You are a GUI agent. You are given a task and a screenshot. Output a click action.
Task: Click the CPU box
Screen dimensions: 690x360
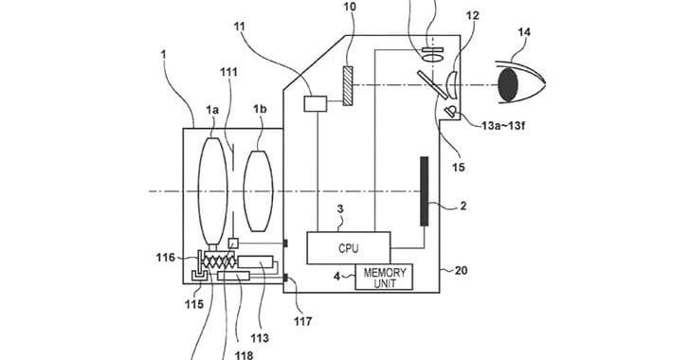pos(349,248)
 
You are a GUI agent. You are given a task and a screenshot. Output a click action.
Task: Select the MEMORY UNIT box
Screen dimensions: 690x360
pos(384,278)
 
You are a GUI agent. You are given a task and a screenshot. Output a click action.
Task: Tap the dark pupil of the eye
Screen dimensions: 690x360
pos(508,84)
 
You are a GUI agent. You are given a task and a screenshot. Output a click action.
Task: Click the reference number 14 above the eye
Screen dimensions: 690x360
pos(524,32)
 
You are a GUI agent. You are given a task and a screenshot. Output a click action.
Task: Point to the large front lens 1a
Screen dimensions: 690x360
pos(212,190)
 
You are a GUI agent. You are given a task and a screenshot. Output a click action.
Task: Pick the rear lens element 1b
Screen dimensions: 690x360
pos(259,191)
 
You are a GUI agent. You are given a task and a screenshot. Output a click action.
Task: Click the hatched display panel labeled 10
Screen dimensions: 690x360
pos(348,86)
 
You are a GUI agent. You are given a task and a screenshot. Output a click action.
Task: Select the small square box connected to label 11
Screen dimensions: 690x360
pos(316,104)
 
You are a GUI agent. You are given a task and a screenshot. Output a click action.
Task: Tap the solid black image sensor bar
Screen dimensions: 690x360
pos(425,191)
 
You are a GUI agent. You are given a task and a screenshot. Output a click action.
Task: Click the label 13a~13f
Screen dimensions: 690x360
pos(503,126)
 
